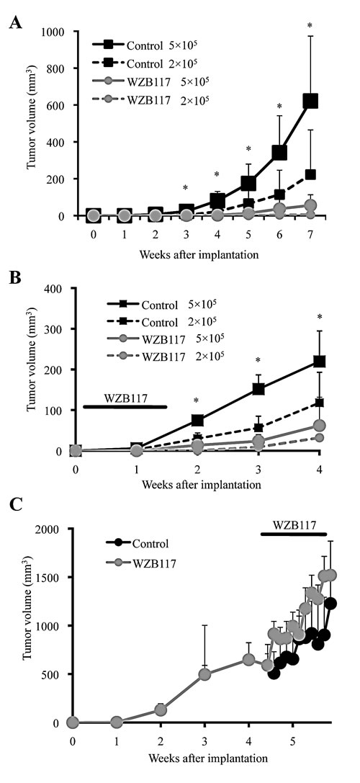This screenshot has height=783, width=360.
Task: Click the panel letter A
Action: (x=14, y=22)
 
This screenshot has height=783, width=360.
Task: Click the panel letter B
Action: (x=14, y=276)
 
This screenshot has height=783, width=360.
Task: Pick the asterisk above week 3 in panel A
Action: (x=186, y=189)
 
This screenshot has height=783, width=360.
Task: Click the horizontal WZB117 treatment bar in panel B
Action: (x=125, y=407)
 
